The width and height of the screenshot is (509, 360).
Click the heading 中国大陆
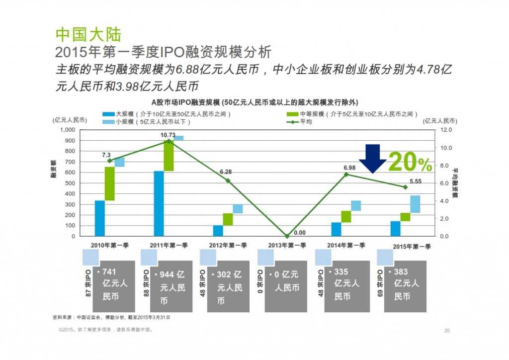tap(87, 34)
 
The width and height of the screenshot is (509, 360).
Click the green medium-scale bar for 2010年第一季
tap(110, 183)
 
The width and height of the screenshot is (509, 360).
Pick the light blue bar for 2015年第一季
tap(415, 204)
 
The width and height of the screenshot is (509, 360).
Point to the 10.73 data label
tap(168, 135)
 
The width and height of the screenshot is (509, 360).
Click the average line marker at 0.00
tap(287, 236)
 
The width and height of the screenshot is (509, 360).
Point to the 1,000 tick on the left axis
tap(66, 129)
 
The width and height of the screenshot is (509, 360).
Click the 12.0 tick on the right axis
tap(447, 129)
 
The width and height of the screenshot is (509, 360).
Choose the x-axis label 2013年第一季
tap(287, 245)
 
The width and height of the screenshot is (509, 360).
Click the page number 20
tap(446, 331)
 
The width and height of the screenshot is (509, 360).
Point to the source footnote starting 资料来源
tap(114, 317)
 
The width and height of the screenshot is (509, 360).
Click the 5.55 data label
tap(415, 181)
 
